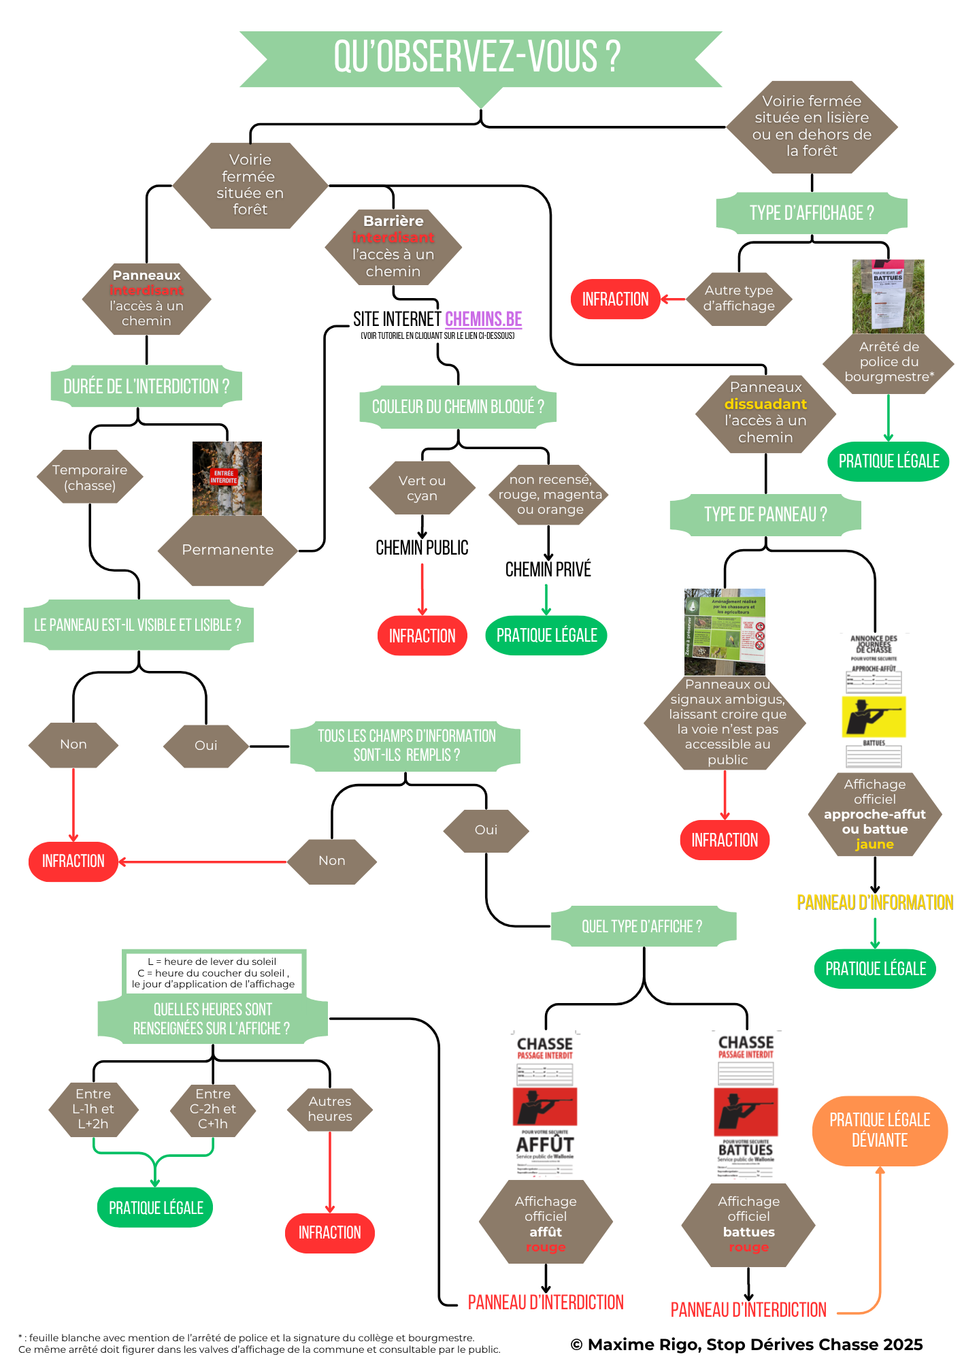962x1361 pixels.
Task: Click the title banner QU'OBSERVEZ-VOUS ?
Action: [x=480, y=58]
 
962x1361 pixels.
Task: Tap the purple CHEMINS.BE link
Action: [x=483, y=319]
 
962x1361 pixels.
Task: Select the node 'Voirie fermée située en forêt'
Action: [x=250, y=185]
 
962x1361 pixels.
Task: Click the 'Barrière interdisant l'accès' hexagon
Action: [x=393, y=246]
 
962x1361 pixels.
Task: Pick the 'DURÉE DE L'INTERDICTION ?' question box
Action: [x=146, y=387]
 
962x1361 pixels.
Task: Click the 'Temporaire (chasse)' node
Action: [x=90, y=477]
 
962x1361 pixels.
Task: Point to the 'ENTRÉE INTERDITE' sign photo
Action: [x=227, y=478]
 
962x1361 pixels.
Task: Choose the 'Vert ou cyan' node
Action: [x=422, y=488]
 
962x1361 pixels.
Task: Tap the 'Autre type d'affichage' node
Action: [x=739, y=299]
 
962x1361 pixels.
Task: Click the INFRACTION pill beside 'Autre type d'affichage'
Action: [x=615, y=299]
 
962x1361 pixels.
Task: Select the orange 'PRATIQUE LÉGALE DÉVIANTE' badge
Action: [x=879, y=1130]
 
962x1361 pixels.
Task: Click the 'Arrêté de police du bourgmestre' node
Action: [x=889, y=362]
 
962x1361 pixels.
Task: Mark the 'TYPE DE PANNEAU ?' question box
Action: [x=765, y=514]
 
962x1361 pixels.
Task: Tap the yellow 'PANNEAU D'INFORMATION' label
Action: [x=874, y=902]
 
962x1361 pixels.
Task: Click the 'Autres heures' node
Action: [x=330, y=1109]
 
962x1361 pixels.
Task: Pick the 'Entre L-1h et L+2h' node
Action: [x=93, y=1109]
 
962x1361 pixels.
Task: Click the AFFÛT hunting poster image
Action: [x=546, y=1103]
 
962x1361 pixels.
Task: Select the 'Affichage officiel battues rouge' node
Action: [x=748, y=1224]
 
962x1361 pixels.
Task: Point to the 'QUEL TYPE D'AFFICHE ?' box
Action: [x=642, y=926]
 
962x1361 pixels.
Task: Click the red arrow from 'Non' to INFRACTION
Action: [x=204, y=862]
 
